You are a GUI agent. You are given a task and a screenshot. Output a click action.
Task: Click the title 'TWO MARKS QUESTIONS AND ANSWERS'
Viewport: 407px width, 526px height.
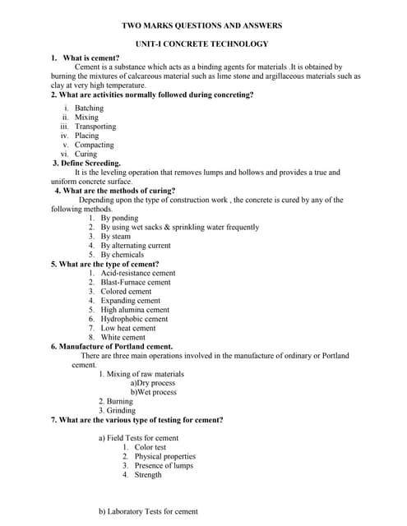tap(202, 26)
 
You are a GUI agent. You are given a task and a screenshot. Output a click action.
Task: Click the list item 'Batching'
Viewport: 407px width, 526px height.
tap(89, 108)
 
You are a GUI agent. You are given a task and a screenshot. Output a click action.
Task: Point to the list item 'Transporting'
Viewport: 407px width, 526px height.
tap(95, 127)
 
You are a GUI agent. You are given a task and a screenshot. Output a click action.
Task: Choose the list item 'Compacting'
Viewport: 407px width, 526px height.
tap(95, 145)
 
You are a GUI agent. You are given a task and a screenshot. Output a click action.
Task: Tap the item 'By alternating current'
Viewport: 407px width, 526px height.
tap(136, 246)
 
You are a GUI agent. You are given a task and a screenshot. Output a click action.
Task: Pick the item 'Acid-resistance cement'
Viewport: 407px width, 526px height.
tap(137, 273)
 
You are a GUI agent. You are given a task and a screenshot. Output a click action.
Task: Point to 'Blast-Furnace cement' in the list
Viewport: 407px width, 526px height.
tap(136, 282)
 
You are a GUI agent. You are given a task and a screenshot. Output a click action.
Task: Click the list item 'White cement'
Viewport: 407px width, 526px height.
tap(123, 337)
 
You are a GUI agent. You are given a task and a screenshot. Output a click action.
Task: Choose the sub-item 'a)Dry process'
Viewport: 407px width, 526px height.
tap(153, 383)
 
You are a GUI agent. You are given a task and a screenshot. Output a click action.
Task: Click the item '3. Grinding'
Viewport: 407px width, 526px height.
tap(117, 410)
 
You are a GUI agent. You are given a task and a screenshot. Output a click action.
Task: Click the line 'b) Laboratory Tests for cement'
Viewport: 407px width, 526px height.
tap(148, 511)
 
